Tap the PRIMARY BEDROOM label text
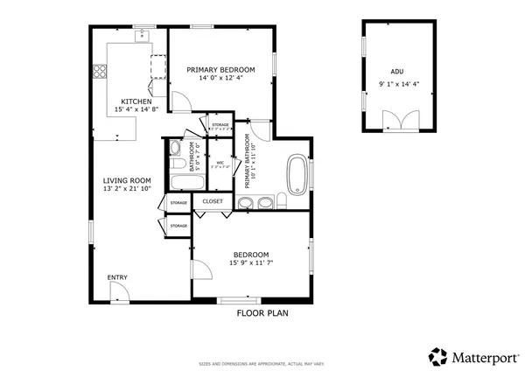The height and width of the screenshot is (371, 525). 220,69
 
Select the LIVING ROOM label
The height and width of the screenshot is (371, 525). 128,179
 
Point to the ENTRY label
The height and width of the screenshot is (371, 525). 117,277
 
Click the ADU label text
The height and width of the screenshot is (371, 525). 397,73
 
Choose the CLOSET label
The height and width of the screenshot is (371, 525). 213,201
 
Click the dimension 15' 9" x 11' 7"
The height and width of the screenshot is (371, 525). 251,262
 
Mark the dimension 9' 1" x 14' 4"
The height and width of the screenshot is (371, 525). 399,84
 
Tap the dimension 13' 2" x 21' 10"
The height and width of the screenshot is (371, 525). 128,188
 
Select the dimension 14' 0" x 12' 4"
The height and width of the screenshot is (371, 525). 220,78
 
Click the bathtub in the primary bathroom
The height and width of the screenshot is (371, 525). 297,172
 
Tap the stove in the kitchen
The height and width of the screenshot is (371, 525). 159,67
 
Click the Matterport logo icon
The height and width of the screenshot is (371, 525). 437,356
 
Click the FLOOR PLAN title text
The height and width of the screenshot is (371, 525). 262,312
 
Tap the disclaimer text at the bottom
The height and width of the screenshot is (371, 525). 262,362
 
